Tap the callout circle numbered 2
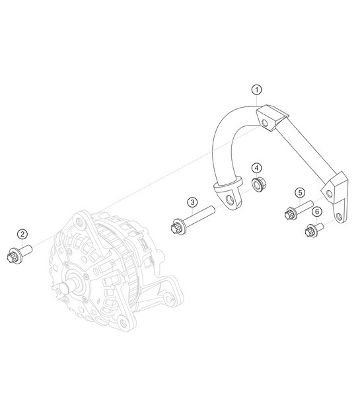point(22,233)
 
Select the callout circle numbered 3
point(192,202)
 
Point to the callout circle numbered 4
point(256,168)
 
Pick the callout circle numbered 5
point(300,192)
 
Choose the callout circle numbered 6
point(317,211)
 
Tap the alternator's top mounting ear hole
point(83,224)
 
